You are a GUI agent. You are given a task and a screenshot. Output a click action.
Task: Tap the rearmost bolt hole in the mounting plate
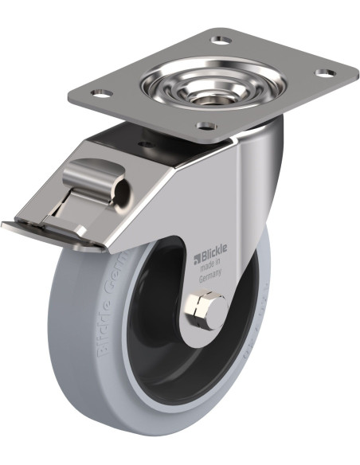click(x=222, y=39)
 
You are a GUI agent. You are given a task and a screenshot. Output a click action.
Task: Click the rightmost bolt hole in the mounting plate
click(x=323, y=73)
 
